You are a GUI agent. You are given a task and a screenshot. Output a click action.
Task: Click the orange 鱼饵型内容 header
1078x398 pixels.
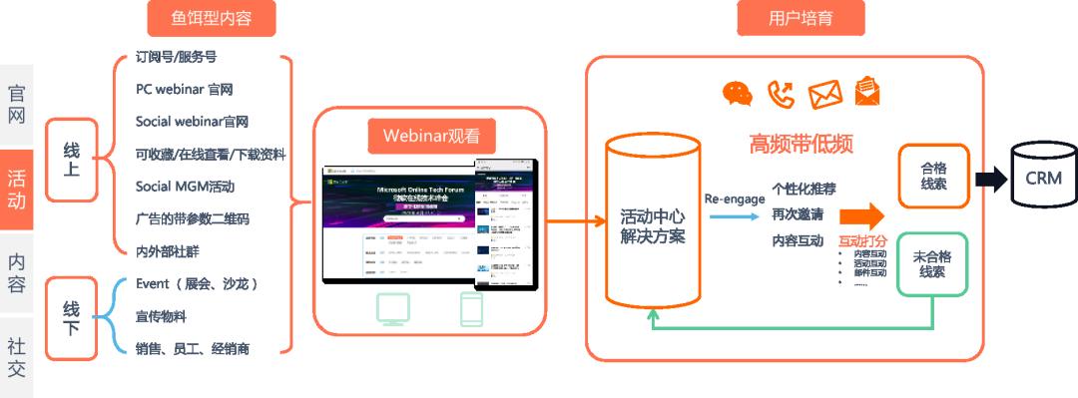pos(210,18)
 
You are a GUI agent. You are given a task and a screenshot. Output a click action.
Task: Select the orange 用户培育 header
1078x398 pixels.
pos(802,18)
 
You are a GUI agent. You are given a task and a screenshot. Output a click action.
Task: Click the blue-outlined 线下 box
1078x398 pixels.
pos(71,318)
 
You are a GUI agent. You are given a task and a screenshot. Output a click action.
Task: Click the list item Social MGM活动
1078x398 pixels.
pos(185,187)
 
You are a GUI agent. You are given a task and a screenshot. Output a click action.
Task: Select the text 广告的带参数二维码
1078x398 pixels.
pos(192,218)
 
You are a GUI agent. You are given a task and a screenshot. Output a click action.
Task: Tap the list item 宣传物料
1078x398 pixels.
pos(161,316)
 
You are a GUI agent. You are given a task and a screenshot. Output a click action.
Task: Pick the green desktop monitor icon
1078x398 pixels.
pos(394,310)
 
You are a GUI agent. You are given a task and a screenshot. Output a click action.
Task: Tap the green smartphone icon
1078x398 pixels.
pos(471,310)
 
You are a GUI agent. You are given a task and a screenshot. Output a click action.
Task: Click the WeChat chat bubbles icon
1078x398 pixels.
pos(738,94)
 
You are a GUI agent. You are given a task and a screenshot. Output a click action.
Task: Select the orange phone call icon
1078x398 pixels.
pos(781,94)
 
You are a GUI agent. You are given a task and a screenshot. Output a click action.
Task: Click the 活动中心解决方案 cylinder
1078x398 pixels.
pos(653,229)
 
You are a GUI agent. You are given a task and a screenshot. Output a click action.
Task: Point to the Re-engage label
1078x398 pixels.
pos(735,199)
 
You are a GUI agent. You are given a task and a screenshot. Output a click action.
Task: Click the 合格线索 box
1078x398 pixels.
pos(933,177)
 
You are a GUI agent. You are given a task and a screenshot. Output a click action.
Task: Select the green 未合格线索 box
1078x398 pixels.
pos(933,263)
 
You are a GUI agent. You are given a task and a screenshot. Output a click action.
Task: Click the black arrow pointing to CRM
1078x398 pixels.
pos(991,180)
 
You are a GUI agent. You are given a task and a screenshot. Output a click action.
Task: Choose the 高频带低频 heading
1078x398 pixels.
pos(801,144)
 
